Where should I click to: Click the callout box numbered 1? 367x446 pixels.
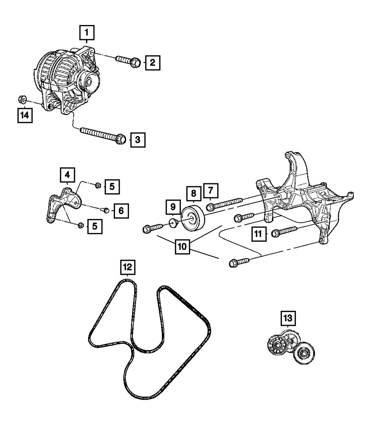tap(87, 33)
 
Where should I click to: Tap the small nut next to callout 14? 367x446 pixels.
tap(22, 99)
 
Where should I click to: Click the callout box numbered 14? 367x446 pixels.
tap(24, 115)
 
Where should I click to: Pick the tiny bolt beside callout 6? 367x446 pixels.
tap(105, 210)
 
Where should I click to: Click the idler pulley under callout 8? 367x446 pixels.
tap(193, 219)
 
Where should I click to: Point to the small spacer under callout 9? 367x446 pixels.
tap(172, 222)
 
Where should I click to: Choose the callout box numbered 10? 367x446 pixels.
tap(182, 247)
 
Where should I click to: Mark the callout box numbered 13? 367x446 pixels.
tap(288, 319)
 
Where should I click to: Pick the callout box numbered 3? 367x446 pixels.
tap(138, 140)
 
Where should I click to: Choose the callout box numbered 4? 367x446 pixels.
tap(68, 175)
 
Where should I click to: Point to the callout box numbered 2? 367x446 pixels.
tap(152, 63)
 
